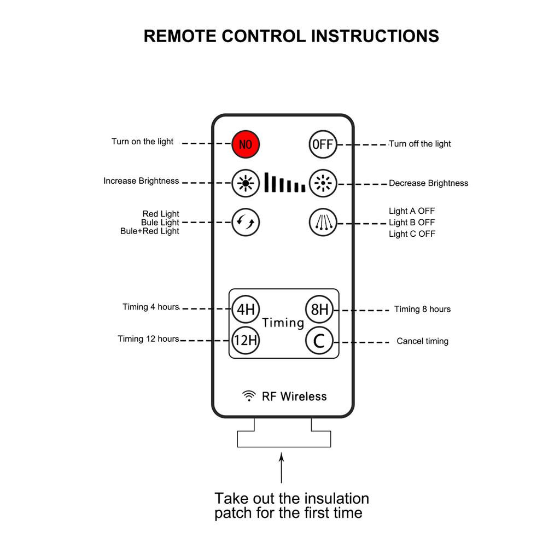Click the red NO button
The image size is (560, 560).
click(246, 144)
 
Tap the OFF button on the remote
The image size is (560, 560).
click(322, 144)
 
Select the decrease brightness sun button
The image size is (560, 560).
click(323, 183)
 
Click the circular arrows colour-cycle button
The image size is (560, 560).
click(246, 223)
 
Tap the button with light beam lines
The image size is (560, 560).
click(323, 223)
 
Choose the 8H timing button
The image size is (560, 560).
click(319, 310)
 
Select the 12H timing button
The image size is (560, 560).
click(246, 341)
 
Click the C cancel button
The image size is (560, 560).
click(319, 341)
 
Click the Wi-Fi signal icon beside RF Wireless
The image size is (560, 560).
click(249, 396)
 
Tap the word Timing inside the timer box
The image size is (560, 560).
click(283, 323)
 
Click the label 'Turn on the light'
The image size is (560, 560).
click(142, 142)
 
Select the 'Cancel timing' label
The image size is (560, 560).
click(422, 341)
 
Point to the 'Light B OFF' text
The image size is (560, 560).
click(412, 223)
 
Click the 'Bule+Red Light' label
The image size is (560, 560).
click(150, 231)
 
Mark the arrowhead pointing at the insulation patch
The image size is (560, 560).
click(282, 456)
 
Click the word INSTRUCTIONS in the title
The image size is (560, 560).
click(375, 36)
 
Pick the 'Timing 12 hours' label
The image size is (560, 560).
click(148, 339)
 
